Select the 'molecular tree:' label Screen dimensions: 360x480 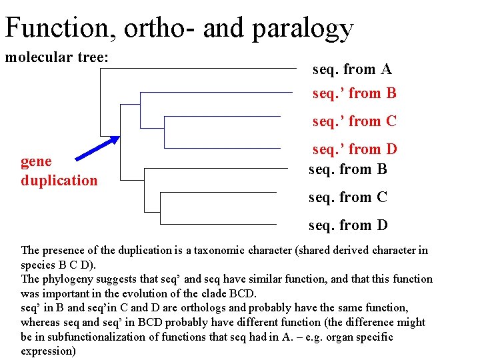pos(57,57)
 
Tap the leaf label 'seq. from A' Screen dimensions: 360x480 pos(352,69)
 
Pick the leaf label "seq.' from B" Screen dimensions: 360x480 pos(355,93)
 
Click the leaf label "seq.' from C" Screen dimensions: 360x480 pos(355,121)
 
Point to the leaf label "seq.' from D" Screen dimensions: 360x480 pos(355,149)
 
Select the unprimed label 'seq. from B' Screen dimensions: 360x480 pos(347,169)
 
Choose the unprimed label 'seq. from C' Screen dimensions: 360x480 pos(347,197)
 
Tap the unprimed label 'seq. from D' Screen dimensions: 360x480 pos(347,225)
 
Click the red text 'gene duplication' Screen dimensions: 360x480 pos(59,171)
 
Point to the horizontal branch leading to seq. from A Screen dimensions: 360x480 pos(200,68)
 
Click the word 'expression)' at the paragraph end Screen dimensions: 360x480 pos(48,351)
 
